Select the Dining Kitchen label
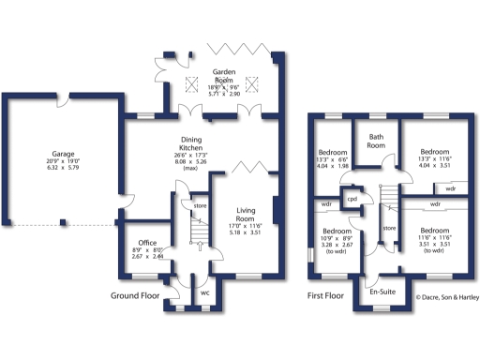point(191,145)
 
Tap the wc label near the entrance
point(204,292)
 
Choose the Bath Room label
point(376,142)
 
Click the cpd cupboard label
point(353,199)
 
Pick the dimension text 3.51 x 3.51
point(433,245)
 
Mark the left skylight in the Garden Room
point(194,86)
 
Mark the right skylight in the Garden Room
point(251,86)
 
